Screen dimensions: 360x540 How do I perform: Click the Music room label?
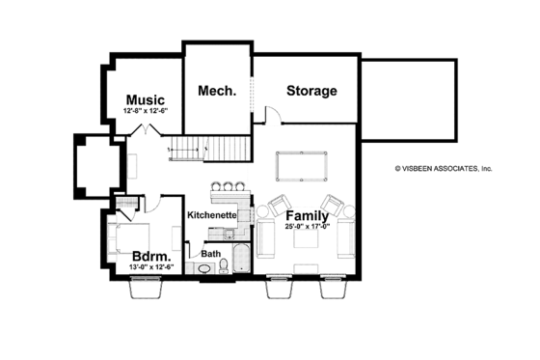pos(146,99)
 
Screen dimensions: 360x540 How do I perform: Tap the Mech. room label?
pos(217,91)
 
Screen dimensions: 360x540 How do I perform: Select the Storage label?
pos(311,91)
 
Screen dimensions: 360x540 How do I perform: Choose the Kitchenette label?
pos(212,214)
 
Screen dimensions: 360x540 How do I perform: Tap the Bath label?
pos(210,254)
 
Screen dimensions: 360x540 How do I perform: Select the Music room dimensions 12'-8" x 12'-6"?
pos(146,112)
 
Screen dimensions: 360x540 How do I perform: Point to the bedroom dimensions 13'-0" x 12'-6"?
pos(151,266)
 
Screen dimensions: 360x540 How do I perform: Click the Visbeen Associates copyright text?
pos(443,167)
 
